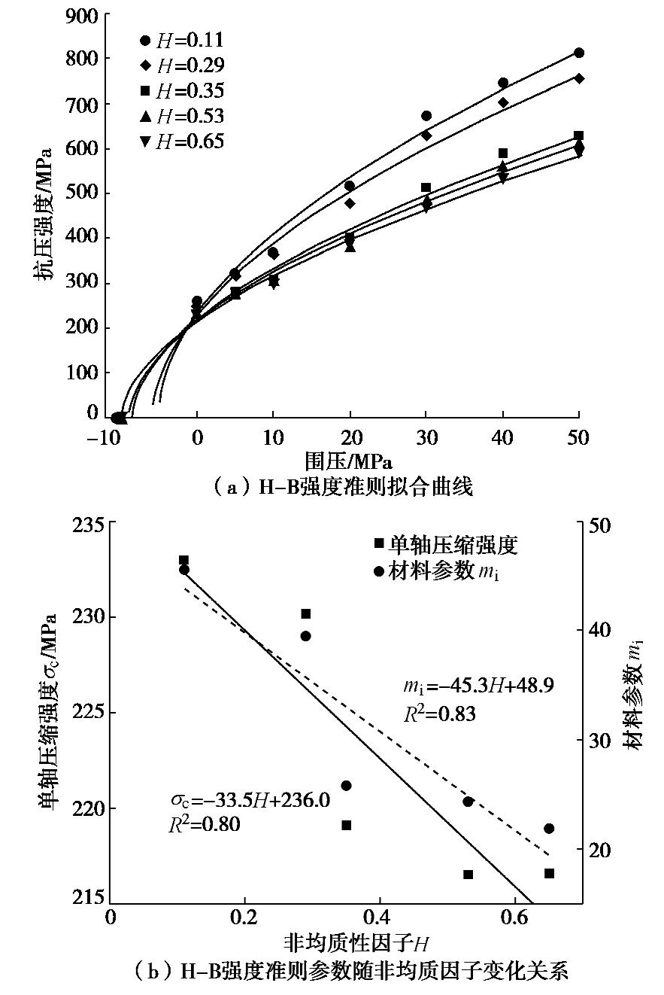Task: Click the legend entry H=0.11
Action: (181, 40)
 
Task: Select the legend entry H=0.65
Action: (181, 141)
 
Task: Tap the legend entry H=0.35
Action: (181, 91)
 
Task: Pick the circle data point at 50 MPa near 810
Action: (578, 53)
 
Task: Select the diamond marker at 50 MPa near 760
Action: (578, 78)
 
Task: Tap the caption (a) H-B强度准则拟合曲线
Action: (342, 487)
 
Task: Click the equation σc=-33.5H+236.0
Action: (249, 800)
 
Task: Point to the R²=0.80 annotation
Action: (204, 825)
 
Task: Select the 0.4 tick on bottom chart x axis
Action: (381, 917)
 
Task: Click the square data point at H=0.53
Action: (468, 875)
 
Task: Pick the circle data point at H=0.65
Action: (549, 829)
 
